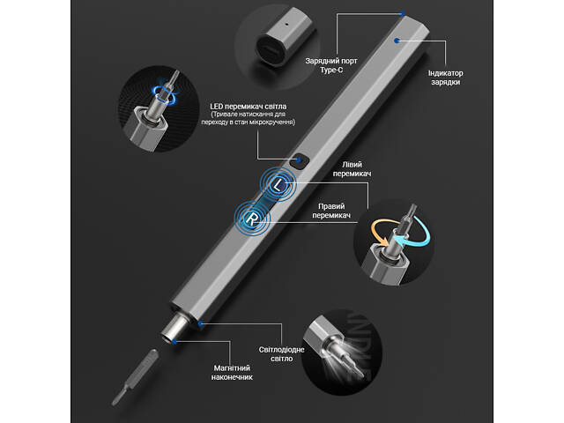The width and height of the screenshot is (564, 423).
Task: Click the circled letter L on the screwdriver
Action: (x=279, y=186)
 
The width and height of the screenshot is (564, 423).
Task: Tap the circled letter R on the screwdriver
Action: (x=253, y=219)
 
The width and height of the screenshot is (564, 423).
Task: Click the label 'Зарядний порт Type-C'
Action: (x=331, y=65)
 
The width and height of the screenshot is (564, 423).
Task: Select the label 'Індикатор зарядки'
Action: (x=445, y=78)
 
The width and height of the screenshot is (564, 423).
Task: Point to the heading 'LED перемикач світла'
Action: (x=249, y=107)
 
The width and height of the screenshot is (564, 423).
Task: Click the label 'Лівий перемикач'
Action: (x=352, y=168)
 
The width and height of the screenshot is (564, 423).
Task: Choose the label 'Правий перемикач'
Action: (x=331, y=211)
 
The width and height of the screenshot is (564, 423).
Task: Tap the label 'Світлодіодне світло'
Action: (x=282, y=354)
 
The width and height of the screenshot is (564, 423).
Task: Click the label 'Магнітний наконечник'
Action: (x=232, y=373)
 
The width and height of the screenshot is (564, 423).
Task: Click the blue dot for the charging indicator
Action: (x=397, y=41)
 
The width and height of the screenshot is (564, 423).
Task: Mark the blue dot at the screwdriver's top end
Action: (x=403, y=14)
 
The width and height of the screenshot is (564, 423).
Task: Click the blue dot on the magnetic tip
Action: (x=174, y=341)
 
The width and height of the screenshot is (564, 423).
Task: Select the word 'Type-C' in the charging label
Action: (x=331, y=70)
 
